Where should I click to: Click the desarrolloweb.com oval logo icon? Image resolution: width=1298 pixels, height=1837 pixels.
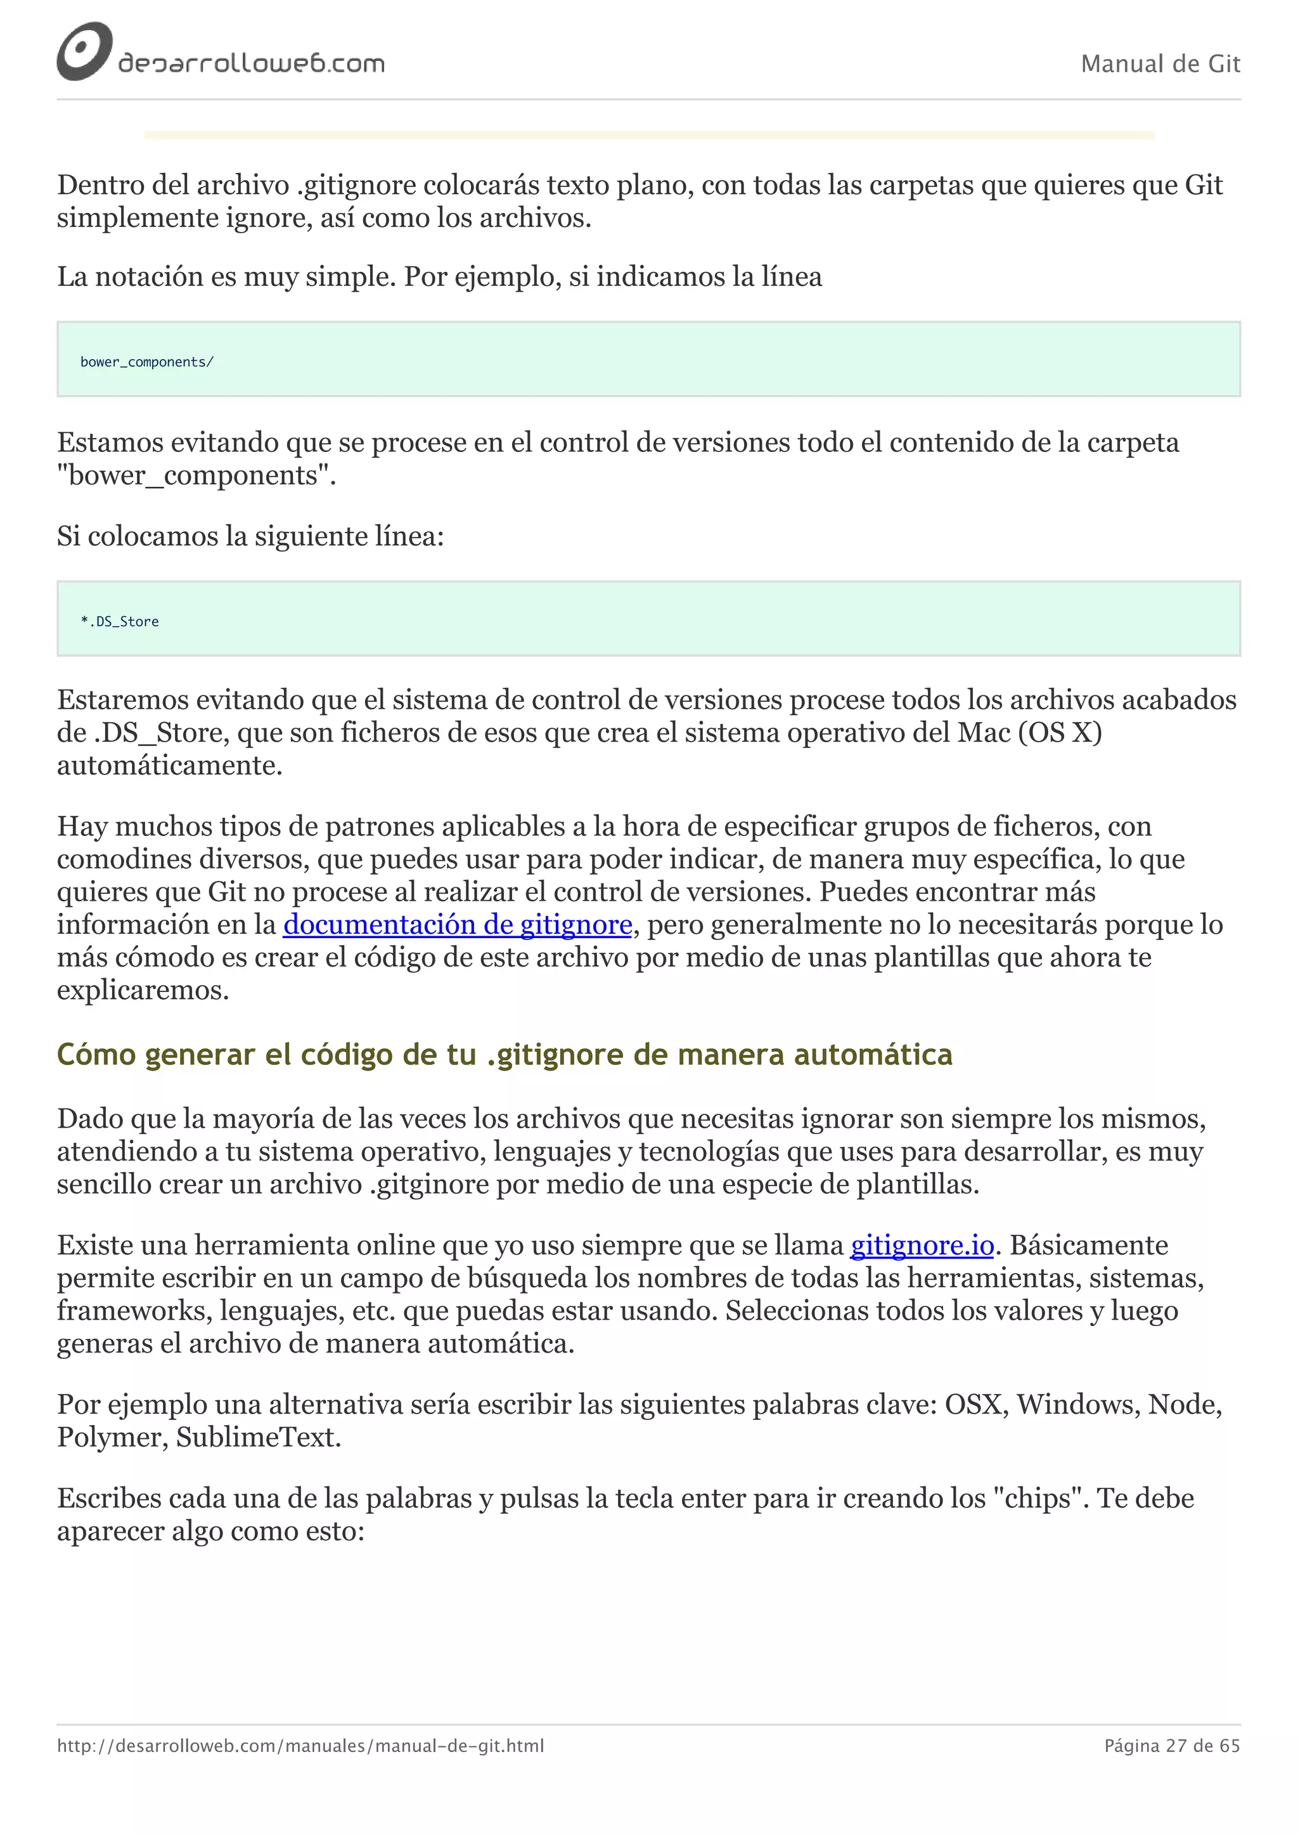tap(83, 51)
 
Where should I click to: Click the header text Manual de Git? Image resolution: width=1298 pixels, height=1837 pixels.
tap(1160, 64)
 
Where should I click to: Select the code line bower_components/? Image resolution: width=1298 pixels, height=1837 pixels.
tap(147, 363)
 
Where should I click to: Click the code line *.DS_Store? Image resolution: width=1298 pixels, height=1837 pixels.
tap(120, 622)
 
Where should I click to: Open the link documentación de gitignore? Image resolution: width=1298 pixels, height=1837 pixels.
tap(458, 925)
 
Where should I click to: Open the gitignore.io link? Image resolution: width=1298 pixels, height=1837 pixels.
tap(922, 1246)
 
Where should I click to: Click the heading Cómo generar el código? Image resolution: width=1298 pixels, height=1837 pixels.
tap(504, 1055)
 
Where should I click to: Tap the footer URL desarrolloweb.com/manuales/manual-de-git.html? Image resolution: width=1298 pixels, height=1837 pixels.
tap(300, 1746)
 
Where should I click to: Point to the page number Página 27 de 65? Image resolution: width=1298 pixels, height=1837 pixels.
tap(1172, 1746)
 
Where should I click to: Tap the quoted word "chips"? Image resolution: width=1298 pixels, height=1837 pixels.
tap(1038, 1499)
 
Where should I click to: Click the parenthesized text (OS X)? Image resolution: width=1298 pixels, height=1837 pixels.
tap(1060, 733)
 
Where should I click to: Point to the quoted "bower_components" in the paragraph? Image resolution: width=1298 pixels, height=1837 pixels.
tap(196, 476)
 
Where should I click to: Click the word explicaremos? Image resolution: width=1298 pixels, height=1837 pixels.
tap(143, 991)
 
